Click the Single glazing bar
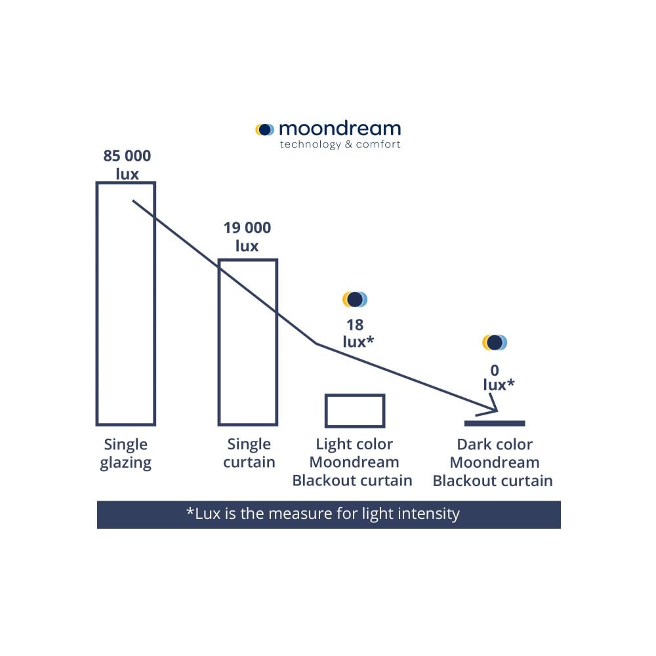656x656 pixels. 126,303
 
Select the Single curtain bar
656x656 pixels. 248,342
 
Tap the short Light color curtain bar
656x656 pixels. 355,411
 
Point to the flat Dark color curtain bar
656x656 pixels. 495,423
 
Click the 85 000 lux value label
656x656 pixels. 127,165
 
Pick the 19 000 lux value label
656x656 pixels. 247,237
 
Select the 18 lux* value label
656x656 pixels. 355,333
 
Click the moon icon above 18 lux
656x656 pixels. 355,299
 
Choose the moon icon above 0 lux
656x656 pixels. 495,342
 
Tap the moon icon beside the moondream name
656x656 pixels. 265,130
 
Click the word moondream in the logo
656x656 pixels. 340,128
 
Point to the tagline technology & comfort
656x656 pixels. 340,144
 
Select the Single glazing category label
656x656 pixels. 126,453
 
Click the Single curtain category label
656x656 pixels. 249,453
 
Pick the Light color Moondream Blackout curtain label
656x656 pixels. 352,462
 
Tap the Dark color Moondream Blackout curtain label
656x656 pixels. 493,462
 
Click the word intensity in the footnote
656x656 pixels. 426,513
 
